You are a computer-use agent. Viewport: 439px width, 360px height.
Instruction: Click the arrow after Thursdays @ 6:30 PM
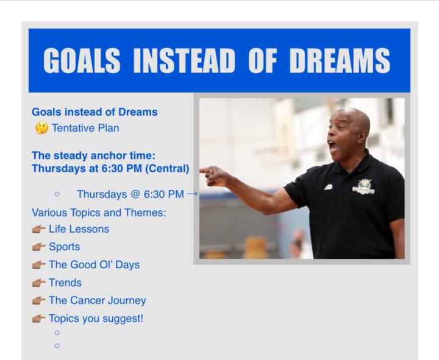coord(193,194)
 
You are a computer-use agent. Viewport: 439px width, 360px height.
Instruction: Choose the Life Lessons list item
coord(82,230)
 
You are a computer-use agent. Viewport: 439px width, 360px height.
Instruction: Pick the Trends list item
coord(65,283)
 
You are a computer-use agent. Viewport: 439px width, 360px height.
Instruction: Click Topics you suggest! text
coord(96,318)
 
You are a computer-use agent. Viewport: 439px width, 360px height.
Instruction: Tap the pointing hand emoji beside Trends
coord(41,283)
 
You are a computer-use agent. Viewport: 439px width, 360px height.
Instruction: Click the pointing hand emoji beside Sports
coord(41,248)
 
